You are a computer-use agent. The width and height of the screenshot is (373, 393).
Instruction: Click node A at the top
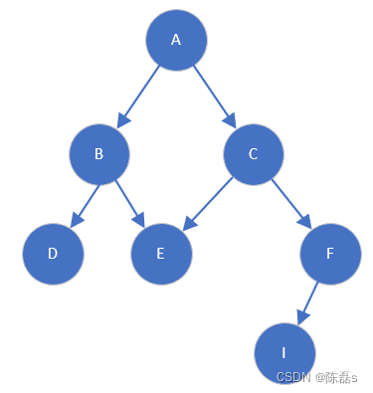click(176, 40)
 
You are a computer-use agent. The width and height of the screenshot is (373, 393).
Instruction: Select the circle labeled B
click(99, 154)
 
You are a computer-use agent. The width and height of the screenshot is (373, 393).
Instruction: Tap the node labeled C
click(254, 154)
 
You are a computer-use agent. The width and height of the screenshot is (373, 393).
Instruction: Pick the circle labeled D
click(53, 253)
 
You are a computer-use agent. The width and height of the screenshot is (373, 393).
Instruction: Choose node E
click(161, 253)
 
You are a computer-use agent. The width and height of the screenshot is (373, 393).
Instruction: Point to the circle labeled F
click(329, 253)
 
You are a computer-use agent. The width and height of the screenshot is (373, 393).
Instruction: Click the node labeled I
click(284, 353)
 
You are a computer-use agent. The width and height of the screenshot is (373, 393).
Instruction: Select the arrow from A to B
click(138, 97)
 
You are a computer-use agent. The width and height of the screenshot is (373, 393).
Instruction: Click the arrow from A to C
click(215, 97)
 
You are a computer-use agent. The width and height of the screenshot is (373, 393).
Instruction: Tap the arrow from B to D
click(84, 203)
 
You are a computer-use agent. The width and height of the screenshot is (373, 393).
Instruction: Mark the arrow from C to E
click(208, 203)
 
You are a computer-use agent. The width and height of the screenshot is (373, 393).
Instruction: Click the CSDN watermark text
click(293, 377)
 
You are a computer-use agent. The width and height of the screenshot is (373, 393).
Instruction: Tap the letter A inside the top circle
click(176, 40)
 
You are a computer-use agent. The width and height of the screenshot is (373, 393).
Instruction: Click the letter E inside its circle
click(160, 253)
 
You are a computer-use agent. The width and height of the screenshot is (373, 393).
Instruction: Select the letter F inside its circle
click(329, 253)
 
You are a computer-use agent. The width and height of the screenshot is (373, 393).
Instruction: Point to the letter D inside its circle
click(52, 253)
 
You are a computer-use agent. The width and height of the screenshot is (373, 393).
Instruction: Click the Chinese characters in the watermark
click(335, 377)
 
